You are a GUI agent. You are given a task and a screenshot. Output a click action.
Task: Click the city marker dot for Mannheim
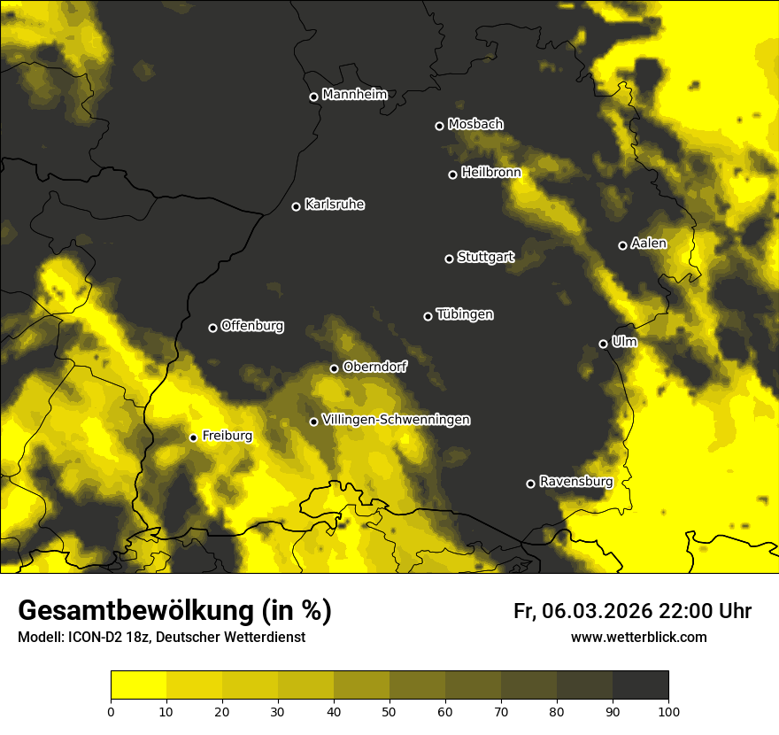click(x=313, y=97)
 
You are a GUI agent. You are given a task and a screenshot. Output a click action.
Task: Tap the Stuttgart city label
click(x=485, y=258)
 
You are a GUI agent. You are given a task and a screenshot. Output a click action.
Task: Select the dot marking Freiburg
click(x=193, y=437)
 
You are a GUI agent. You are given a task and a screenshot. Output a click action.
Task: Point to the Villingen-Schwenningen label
click(x=396, y=420)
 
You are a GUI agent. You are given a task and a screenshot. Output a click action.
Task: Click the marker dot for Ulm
click(x=603, y=344)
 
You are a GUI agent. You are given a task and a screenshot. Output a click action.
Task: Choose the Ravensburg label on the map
click(x=575, y=482)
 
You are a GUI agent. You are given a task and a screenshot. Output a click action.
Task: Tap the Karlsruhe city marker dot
click(x=296, y=206)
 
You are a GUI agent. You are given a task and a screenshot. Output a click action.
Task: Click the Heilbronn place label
click(x=491, y=173)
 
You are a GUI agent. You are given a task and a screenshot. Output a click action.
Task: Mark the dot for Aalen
click(x=622, y=245)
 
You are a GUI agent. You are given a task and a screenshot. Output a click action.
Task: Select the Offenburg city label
click(x=252, y=326)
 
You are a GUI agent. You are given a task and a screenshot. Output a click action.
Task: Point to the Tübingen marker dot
click(x=428, y=316)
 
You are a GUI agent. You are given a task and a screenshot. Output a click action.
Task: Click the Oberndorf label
click(x=374, y=367)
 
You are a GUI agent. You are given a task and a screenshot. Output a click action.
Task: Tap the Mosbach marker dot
click(x=439, y=126)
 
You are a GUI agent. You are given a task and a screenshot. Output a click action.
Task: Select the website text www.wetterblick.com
click(x=638, y=637)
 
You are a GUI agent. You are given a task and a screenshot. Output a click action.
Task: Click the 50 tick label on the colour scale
click(x=389, y=710)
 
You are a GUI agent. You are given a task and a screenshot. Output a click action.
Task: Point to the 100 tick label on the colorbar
click(x=668, y=710)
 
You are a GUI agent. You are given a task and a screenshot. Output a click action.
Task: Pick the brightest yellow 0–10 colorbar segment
click(x=139, y=685)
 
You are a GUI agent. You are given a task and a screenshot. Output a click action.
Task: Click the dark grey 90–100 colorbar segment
click(x=640, y=685)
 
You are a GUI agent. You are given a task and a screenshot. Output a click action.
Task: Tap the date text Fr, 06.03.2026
click(x=582, y=611)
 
